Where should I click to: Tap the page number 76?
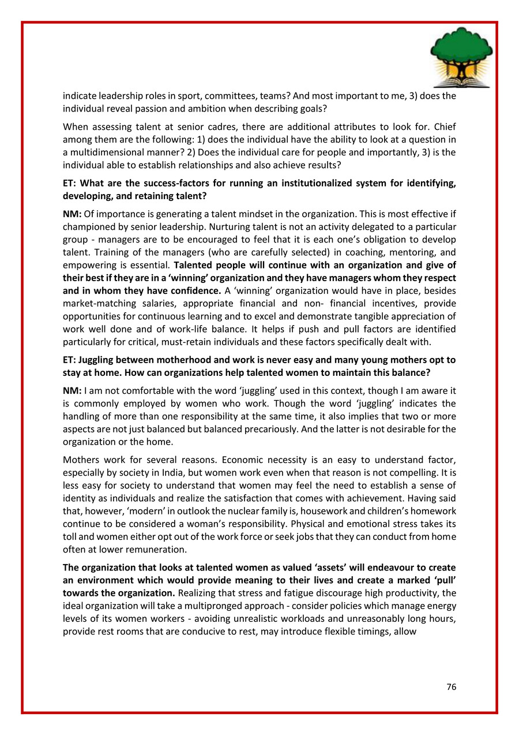451,687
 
